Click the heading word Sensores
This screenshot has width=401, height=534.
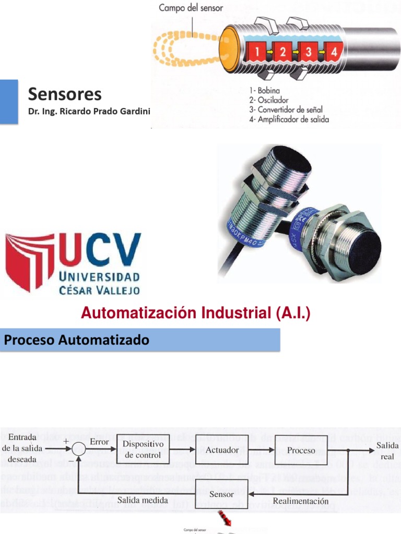click(x=65, y=94)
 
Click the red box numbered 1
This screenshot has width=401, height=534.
click(x=256, y=52)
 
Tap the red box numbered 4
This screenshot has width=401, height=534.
click(x=333, y=52)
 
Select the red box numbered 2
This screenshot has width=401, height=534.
click(x=282, y=52)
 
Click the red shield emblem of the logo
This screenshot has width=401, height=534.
click(x=29, y=261)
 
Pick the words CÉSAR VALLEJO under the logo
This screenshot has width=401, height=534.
click(x=99, y=289)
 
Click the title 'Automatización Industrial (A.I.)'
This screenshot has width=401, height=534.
click(x=195, y=313)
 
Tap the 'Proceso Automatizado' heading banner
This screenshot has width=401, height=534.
click(x=77, y=341)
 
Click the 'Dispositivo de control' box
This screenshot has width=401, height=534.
click(x=143, y=449)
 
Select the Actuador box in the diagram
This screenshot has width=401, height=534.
click(x=222, y=450)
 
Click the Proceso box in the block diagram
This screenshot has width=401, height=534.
click(x=301, y=450)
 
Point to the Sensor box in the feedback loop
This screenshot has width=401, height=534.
click(x=221, y=494)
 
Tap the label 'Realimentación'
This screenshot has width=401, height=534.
click(x=301, y=501)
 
